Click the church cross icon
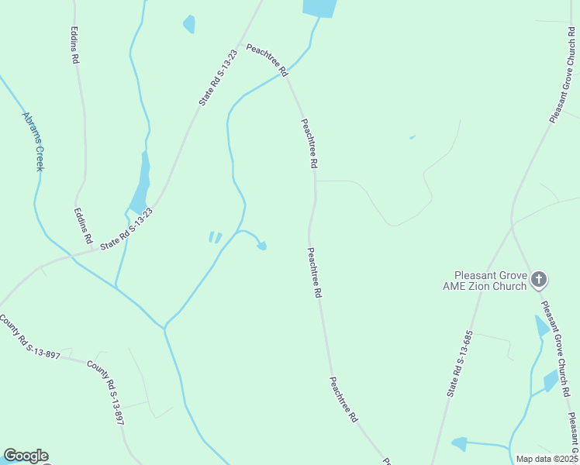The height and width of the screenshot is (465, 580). tap(540, 279)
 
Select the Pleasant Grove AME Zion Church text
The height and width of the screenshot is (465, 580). tap(490, 281)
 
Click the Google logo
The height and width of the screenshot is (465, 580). tap(26, 456)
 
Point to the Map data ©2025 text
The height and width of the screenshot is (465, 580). tap(546, 459)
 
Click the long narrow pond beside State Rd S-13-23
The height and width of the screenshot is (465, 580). tap(142, 184)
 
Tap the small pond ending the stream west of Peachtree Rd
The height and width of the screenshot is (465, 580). tap(262, 246)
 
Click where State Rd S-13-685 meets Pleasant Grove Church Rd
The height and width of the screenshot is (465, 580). tap(512, 227)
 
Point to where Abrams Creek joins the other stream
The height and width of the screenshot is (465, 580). tap(164, 328)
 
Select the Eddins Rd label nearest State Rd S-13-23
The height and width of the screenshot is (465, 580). tap(83, 225)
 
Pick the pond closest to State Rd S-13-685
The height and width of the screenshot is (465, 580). tap(459, 444)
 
